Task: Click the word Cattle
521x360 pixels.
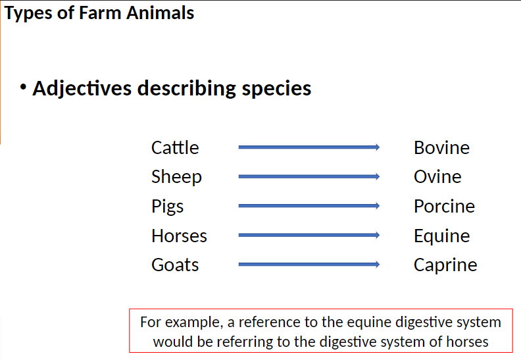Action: pyautogui.click(x=175, y=147)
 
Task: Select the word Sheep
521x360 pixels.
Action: pyautogui.click(x=176, y=177)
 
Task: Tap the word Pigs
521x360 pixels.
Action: pyautogui.click(x=167, y=207)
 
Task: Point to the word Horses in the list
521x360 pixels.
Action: pyautogui.click(x=179, y=236)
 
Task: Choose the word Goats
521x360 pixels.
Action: pyautogui.click(x=175, y=265)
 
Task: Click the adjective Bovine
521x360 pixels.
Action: pyautogui.click(x=441, y=147)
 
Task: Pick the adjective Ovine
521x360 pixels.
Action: pyautogui.click(x=437, y=177)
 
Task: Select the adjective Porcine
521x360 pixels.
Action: pyautogui.click(x=444, y=207)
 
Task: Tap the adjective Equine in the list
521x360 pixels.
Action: pyautogui.click(x=441, y=236)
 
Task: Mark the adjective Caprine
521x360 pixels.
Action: pyautogui.click(x=445, y=265)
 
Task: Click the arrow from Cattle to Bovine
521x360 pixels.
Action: pyautogui.click(x=309, y=147)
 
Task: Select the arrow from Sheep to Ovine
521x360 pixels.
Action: pyautogui.click(x=309, y=177)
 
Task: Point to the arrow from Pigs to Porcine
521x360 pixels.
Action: pyautogui.click(x=309, y=207)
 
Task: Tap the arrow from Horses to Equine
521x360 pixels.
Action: pyautogui.click(x=309, y=236)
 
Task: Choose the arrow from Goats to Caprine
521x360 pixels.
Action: pyautogui.click(x=309, y=265)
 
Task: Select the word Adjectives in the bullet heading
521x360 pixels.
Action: pyautogui.click(x=83, y=88)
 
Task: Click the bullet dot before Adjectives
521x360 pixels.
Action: pyautogui.click(x=24, y=87)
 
